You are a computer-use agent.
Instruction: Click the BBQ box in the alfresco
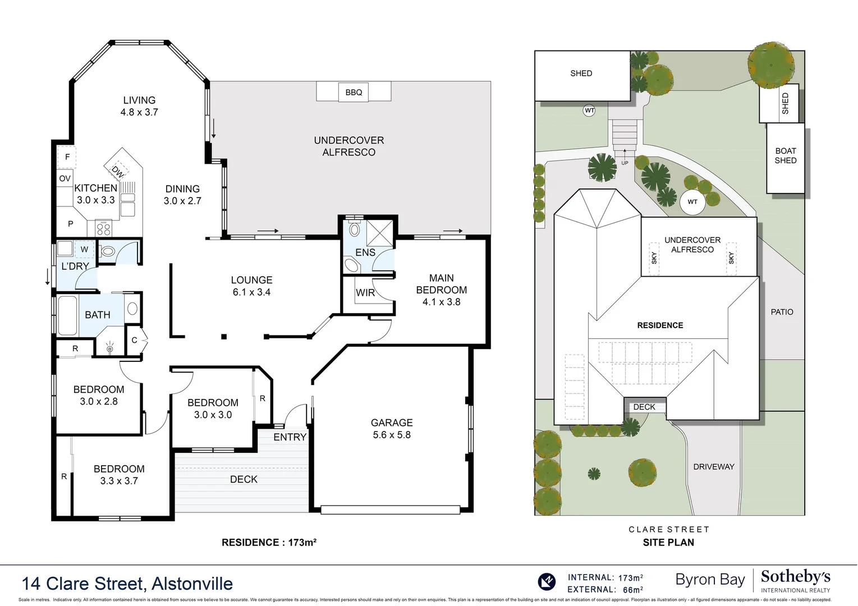pos(354,92)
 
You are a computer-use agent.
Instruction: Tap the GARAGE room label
pos(392,423)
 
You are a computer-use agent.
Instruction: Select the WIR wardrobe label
pos(365,293)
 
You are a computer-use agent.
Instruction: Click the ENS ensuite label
pos(365,252)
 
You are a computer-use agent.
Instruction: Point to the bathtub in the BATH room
pos(68,314)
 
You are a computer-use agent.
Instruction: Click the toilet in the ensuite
pos(354,229)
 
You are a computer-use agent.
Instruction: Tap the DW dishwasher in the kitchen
pos(117,172)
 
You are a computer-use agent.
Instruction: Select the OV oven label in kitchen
pos(65,178)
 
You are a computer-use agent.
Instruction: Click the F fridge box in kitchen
pos(67,157)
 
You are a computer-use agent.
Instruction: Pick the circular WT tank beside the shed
pos(589,111)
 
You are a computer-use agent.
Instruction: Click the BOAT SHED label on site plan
pos(785,155)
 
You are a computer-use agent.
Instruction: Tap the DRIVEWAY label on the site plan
pos(713,467)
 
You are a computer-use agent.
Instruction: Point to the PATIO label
pos(782,312)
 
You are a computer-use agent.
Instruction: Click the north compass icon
pos(547,581)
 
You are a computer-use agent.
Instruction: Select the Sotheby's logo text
pos(795,577)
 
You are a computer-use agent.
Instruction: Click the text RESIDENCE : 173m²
pos(269,543)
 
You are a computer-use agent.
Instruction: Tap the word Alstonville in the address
pos(192,584)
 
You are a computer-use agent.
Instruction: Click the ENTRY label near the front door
pos(290,437)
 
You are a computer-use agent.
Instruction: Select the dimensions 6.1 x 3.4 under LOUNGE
pos(251,292)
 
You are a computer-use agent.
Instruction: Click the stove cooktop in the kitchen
pos(104,228)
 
